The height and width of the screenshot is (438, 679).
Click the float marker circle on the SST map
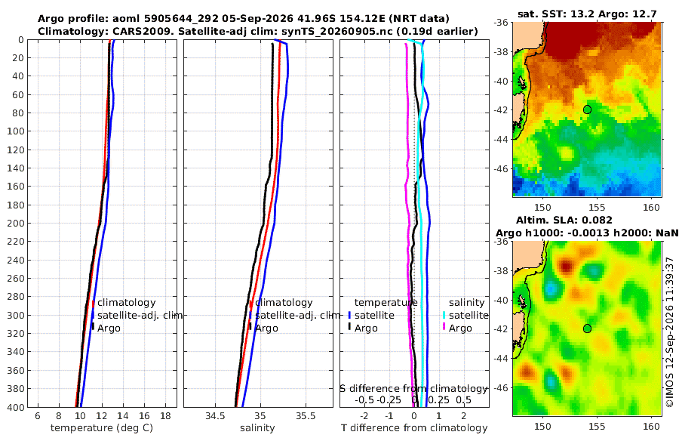pos(587,109)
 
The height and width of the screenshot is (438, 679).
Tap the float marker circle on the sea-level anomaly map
pos(587,328)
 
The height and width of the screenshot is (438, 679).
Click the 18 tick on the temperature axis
pos(166,416)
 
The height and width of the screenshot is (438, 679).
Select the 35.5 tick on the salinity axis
pos(306,416)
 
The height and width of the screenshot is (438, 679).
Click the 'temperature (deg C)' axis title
pos(102,428)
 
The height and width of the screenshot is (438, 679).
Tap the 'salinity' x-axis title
pos(257,428)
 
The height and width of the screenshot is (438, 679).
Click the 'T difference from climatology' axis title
pos(414,428)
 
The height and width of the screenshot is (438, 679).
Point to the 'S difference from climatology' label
pos(413,389)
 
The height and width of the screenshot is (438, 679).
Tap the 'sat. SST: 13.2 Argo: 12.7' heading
pos(587,14)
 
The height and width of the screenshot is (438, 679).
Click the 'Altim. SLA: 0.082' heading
pos(564,221)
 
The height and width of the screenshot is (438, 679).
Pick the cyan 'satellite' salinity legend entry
pos(466,315)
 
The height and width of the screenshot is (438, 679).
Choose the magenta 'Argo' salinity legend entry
pos(457,328)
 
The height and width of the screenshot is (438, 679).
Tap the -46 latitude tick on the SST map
pos(502,168)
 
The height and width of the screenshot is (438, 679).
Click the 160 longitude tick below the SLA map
pos(651,426)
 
